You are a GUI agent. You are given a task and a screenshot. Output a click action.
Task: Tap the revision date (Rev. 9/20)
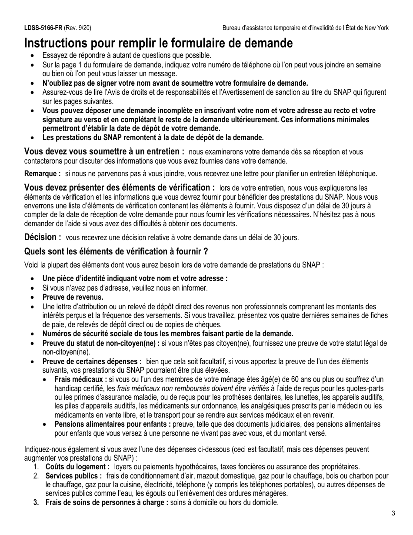[78, 28]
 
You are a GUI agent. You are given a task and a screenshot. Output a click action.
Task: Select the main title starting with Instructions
[158, 43]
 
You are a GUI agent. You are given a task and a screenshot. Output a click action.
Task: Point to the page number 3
[393, 513]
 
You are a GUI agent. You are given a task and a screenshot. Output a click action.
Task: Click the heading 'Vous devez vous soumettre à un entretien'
[104, 151]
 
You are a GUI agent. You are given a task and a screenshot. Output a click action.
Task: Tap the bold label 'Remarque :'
[42, 174]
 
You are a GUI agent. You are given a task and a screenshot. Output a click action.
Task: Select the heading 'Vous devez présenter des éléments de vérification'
[120, 187]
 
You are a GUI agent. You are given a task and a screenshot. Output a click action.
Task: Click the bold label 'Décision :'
[43, 237]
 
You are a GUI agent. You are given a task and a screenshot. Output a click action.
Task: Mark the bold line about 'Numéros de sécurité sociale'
[168, 334]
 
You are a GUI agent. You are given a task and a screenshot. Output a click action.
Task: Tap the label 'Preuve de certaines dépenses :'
[92, 361]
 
